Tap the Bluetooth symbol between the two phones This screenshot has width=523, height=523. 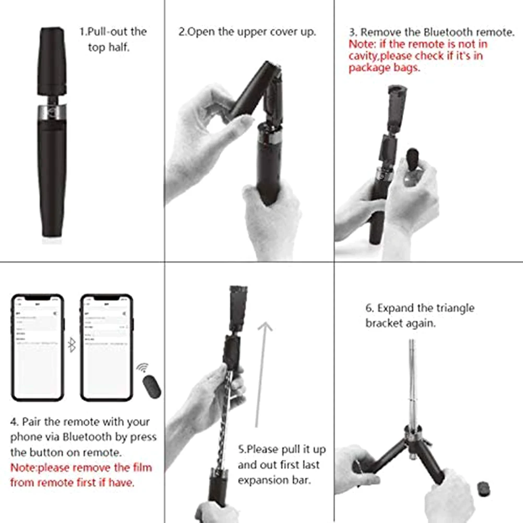coord(72,345)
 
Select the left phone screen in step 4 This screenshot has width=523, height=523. coord(38,349)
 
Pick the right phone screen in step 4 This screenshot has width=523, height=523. coord(106,349)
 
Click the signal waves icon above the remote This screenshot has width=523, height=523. coord(142,368)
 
